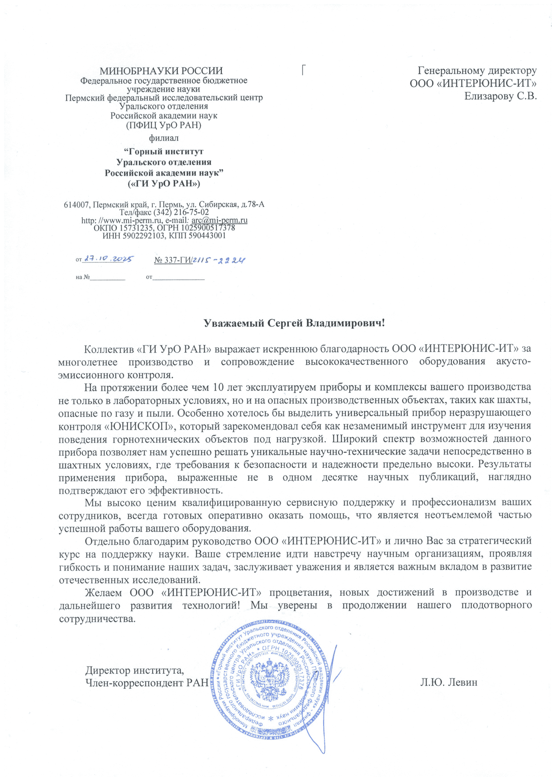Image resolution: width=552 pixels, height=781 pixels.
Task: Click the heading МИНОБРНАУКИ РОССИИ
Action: (161, 71)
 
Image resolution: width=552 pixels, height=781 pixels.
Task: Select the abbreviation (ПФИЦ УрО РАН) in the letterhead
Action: (164, 125)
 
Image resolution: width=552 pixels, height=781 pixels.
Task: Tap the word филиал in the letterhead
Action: (163, 138)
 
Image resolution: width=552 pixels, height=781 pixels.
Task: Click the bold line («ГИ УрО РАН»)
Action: (164, 183)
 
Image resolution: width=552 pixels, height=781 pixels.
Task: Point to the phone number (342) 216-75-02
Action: (181, 212)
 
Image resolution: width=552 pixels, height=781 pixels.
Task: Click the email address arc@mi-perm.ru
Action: (219, 220)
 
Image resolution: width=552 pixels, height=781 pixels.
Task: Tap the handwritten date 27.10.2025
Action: (108, 259)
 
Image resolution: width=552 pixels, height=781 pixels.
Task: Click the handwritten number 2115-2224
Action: (219, 260)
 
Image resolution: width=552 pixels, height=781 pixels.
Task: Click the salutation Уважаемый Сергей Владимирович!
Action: (294, 323)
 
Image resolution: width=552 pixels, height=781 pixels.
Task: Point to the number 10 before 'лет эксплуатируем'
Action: (218, 386)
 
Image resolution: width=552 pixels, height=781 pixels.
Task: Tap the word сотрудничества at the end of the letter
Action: (97, 619)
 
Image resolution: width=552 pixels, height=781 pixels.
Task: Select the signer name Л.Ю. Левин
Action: (448, 682)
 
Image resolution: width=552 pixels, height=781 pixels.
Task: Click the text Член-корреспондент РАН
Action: (147, 682)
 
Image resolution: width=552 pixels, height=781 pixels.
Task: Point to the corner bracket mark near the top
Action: (304, 69)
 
